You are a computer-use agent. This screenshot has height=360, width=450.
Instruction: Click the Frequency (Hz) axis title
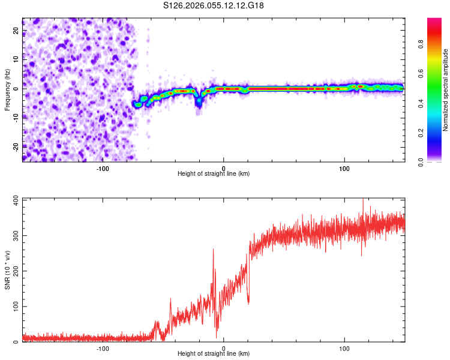[7, 89]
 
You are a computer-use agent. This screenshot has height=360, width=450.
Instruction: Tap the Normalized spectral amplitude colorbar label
[446, 90]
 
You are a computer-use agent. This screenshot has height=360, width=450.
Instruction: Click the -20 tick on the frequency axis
[15, 146]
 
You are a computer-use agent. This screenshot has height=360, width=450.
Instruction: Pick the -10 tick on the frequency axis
[15, 117]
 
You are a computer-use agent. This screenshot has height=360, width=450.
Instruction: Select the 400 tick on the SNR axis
[14, 199]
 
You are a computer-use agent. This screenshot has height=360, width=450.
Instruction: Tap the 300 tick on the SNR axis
[14, 235]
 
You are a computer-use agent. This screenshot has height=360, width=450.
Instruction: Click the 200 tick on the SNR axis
[14, 271]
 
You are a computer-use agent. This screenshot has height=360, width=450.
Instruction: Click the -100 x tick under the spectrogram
[103, 169]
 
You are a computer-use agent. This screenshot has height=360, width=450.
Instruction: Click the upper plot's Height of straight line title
[214, 174]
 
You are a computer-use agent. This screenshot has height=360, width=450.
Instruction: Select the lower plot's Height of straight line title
[214, 354]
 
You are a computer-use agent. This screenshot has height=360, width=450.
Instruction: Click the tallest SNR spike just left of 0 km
[213, 250]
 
